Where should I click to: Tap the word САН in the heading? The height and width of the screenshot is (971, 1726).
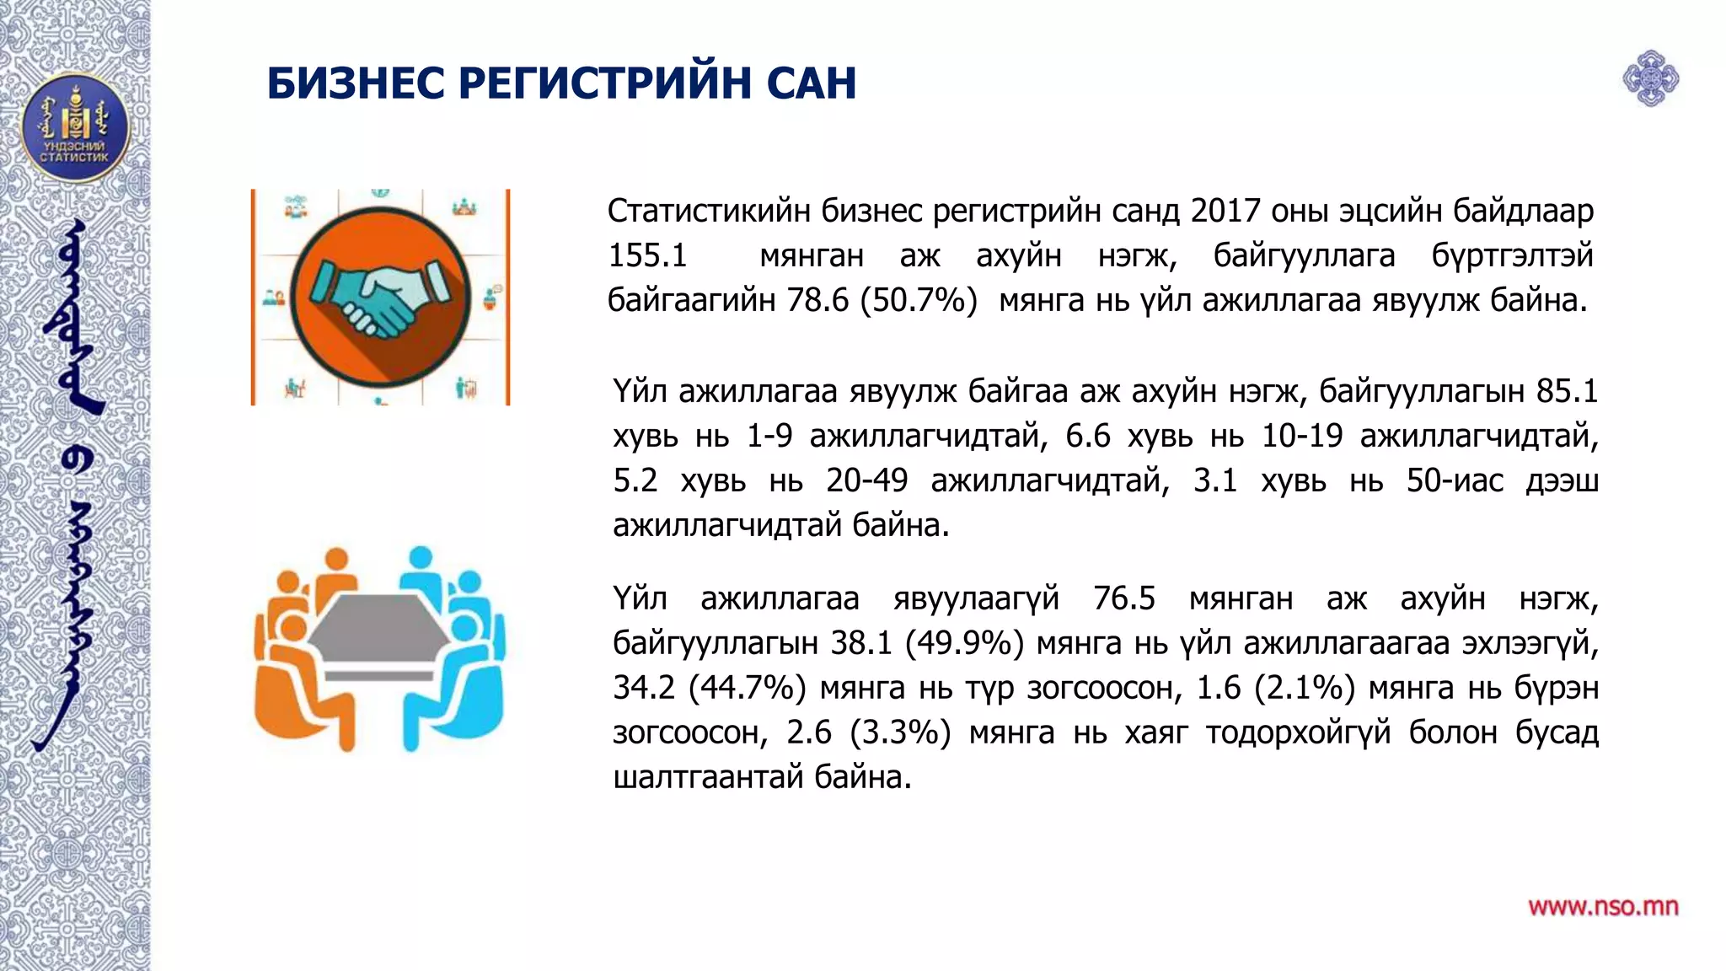(x=812, y=83)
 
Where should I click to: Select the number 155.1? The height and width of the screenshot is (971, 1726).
(x=648, y=255)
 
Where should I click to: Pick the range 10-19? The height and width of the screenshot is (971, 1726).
(x=1301, y=436)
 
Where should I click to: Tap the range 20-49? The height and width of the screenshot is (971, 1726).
(x=866, y=480)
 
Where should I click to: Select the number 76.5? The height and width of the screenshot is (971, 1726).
(x=1124, y=598)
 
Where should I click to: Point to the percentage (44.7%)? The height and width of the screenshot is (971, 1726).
(x=747, y=688)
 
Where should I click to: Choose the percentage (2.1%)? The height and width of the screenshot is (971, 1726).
(x=1304, y=688)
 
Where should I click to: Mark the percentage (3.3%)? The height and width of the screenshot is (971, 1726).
(x=900, y=732)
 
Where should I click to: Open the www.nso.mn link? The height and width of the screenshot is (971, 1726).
(x=1603, y=907)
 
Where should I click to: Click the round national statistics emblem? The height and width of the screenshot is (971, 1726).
(x=75, y=128)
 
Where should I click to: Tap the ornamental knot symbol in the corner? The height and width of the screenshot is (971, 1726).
(x=1650, y=79)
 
